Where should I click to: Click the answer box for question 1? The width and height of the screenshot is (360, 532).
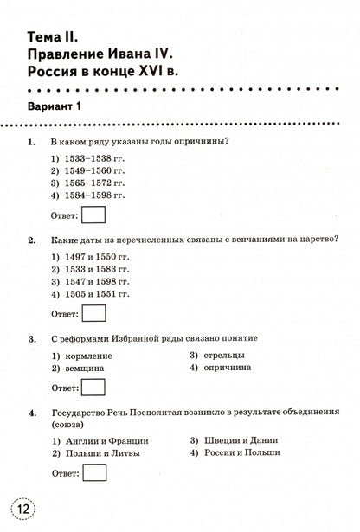click(94, 215)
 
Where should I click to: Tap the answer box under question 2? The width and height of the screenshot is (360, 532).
click(94, 312)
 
